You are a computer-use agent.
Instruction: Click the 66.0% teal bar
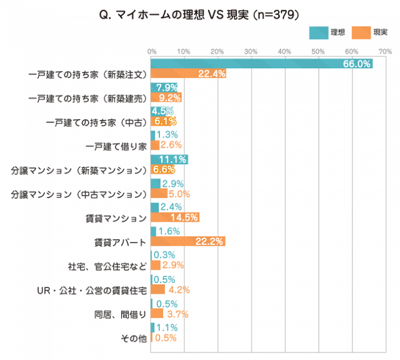[x=261, y=64]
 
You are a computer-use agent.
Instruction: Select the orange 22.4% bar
[x=188, y=74]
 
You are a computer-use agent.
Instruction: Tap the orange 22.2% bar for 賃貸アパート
[x=187, y=241]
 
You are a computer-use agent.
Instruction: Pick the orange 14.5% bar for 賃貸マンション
[x=175, y=217]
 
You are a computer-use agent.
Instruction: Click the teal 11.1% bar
[x=169, y=159]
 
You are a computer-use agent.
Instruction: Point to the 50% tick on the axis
[x=318, y=51]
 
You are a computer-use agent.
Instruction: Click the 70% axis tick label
[x=385, y=51]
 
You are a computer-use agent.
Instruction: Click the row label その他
[x=133, y=338]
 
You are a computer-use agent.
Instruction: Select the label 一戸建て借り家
[x=116, y=146]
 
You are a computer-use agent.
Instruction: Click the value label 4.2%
[x=177, y=289]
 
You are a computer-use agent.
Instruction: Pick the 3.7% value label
[x=176, y=314]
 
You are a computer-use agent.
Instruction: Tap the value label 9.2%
[x=170, y=97]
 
